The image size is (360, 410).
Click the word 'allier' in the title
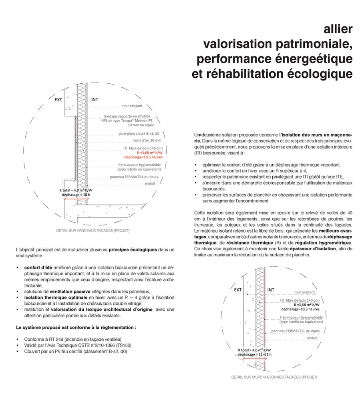coord(338,30)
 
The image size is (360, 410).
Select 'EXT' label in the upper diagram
coord(58,100)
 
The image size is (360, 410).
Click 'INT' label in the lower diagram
coord(271,290)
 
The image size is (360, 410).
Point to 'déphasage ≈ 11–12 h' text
coord(254,355)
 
